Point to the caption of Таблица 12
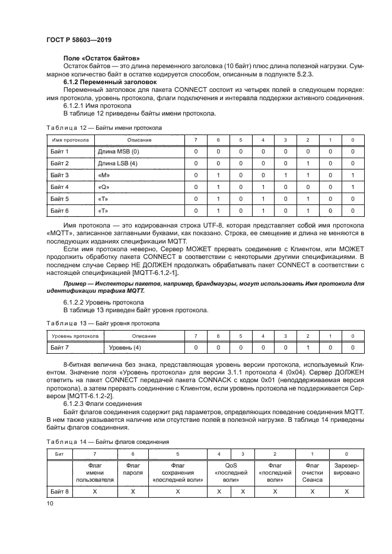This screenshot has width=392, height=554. (x=104, y=128)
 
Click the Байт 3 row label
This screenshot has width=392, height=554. (x=59, y=175)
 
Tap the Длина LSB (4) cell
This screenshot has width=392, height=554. (x=117, y=163)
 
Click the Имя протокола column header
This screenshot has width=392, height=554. (x=69, y=140)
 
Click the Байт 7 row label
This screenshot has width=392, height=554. (x=59, y=347)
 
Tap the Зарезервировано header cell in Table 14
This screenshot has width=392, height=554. (x=346, y=469)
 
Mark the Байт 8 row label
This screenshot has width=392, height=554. (x=59, y=491)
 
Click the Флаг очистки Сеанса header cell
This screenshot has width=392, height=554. (x=312, y=473)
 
